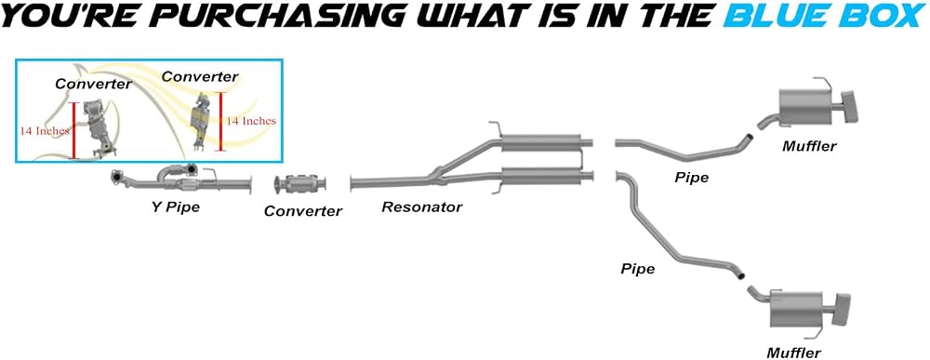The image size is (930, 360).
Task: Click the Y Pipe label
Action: (174, 208)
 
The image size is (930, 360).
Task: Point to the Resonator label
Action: (421, 207)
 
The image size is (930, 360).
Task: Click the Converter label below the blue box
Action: (303, 210)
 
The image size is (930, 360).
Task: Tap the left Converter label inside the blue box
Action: (93, 85)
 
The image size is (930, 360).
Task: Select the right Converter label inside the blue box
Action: (200, 76)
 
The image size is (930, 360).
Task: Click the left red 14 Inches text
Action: (45, 131)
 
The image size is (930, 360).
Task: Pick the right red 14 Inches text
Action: (251, 121)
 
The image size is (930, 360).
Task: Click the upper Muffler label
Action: (809, 146)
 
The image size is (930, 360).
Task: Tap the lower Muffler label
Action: (793, 353)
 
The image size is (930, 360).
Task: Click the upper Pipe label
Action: (692, 178)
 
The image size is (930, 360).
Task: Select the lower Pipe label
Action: (638, 269)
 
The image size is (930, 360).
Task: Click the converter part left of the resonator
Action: (300, 184)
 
